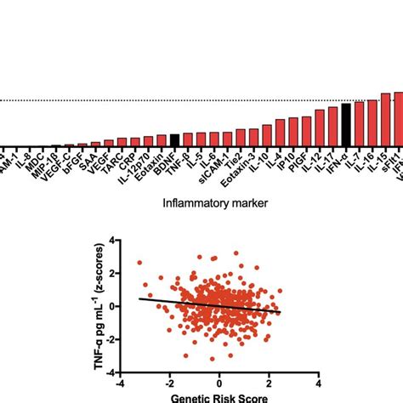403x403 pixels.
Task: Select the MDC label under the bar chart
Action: click(39, 160)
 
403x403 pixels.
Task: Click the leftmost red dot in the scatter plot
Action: click(139, 263)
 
